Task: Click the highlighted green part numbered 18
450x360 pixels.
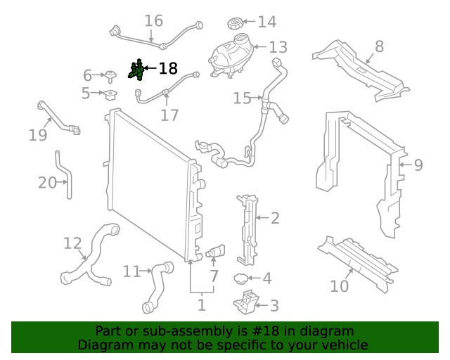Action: [137, 70]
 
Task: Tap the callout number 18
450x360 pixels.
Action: [168, 68]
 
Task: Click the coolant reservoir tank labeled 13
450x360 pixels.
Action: [230, 53]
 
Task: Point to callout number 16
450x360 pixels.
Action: [153, 21]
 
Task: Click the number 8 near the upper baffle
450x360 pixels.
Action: [379, 46]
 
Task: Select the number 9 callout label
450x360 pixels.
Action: [418, 165]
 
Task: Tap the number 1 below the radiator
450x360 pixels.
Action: [201, 305]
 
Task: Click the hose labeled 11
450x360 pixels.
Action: [157, 285]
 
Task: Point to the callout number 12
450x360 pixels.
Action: [72, 243]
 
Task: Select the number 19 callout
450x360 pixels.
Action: [38, 134]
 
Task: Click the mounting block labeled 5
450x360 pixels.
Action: [110, 94]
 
